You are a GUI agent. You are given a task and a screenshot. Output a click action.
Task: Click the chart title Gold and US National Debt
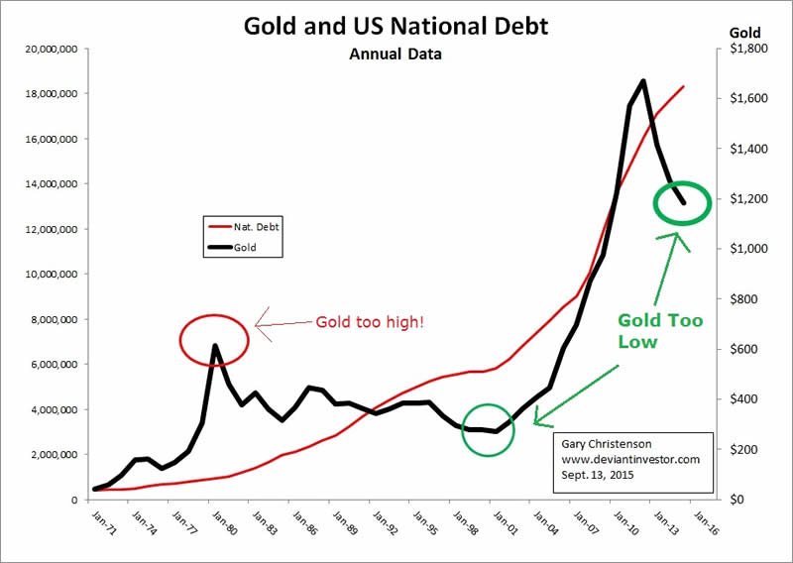coord(396,26)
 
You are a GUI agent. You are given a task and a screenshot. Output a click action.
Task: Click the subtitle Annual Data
coord(396,55)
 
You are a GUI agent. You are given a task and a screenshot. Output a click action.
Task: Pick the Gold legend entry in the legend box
coord(243,248)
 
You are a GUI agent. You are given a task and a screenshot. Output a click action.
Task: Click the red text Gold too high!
coord(369,322)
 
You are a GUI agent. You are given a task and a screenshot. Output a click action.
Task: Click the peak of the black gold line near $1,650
coord(643,81)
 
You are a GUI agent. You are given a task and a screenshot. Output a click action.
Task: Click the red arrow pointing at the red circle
coord(283,322)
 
